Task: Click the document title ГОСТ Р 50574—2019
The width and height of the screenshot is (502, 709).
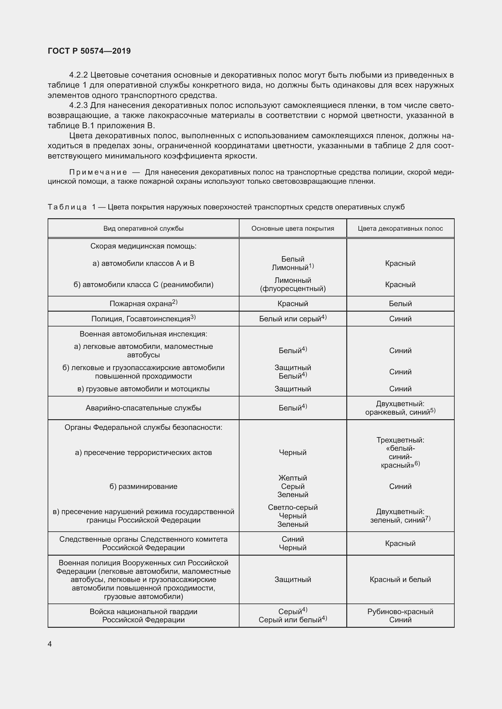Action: coord(89,51)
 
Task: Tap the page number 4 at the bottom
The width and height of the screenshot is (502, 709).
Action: coord(50,644)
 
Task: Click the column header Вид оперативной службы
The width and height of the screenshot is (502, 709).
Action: coord(144,229)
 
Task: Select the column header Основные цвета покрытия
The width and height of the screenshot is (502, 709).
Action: coord(292,229)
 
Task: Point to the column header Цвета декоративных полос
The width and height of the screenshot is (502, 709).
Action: coord(400,229)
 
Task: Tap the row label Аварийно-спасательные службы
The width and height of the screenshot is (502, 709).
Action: coord(144,408)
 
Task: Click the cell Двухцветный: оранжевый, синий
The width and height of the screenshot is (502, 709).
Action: coord(400,408)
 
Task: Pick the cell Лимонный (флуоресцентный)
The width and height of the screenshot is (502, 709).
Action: coord(292,284)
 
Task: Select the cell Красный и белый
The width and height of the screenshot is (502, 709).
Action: coord(400,579)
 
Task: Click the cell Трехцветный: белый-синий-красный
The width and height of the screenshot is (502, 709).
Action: coord(400,452)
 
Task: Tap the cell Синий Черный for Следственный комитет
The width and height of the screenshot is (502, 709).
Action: coord(292,543)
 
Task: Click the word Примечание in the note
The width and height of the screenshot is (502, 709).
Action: coord(98,172)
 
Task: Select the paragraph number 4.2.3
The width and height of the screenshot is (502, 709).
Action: coord(79,105)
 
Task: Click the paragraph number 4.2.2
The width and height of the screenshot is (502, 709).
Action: coord(79,75)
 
